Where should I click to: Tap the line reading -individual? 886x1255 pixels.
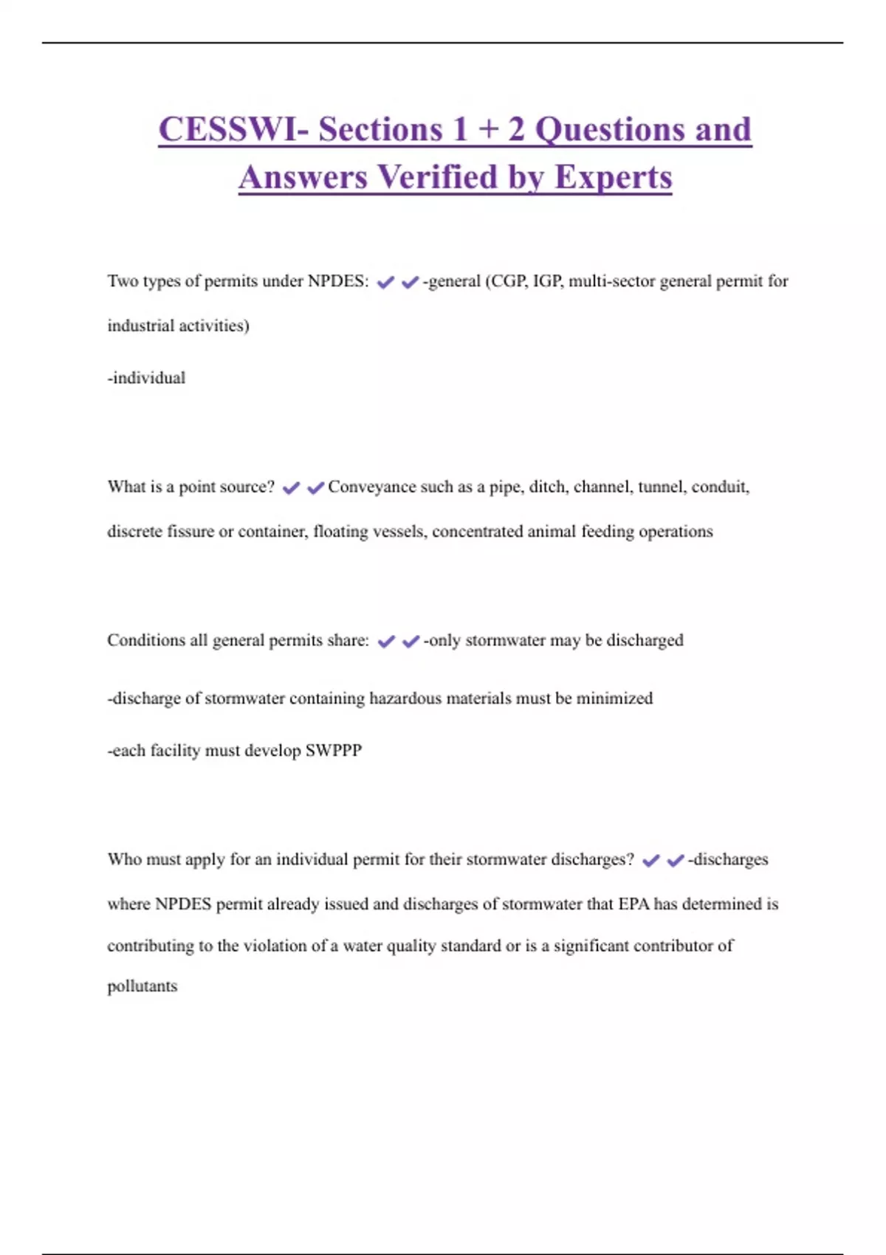click(x=146, y=378)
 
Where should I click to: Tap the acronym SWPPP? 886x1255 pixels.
click(x=334, y=751)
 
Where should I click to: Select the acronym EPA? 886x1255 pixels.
click(x=633, y=904)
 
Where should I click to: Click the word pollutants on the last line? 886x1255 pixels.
click(x=142, y=986)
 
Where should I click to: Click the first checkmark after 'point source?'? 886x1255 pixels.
click(x=291, y=488)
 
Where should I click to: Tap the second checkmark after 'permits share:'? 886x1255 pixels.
click(x=411, y=642)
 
